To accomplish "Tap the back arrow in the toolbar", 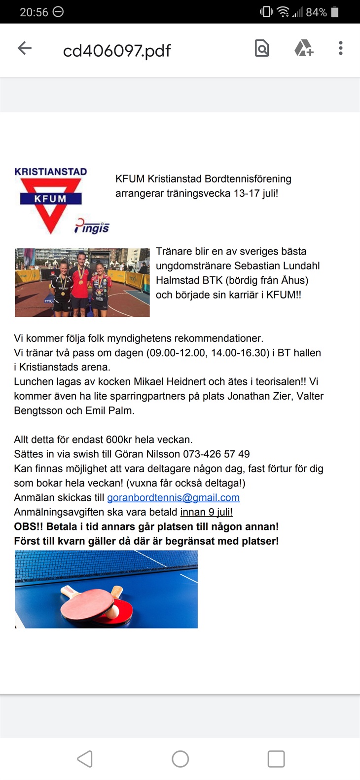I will point(25,48).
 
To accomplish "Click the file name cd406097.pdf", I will point(117,50).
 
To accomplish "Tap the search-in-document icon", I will point(262,48).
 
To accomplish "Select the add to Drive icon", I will point(303,48).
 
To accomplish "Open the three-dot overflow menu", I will point(340,48).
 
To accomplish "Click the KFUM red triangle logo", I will point(50,202).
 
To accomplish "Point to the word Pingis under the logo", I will point(93,226).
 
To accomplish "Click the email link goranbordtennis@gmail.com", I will point(173,497).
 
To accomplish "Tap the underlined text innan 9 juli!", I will point(206,512).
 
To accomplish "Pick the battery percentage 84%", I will point(316,12).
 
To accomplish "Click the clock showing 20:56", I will point(34,12).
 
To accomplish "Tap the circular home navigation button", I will point(180,759).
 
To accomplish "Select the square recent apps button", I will point(276,759).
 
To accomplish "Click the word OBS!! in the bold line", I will point(29,526).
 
